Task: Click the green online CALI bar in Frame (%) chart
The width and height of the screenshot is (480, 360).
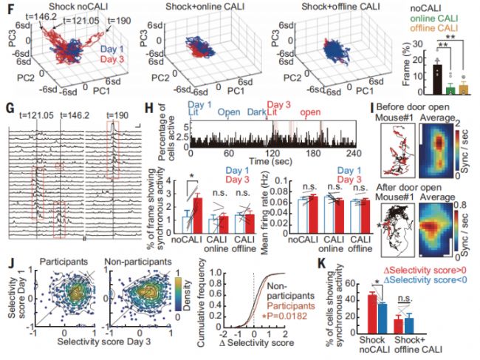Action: [x=431, y=89]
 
